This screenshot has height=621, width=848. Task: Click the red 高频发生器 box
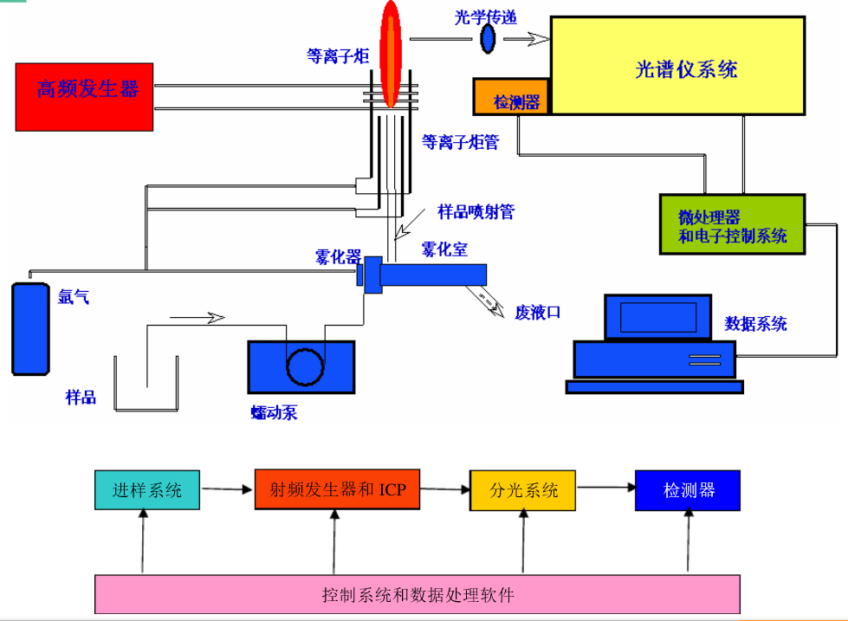(x=85, y=96)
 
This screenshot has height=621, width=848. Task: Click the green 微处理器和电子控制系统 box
(x=731, y=224)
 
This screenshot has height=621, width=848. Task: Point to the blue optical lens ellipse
(x=489, y=37)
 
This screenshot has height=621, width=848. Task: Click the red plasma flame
(x=392, y=52)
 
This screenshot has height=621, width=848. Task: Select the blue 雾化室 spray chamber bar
(x=432, y=274)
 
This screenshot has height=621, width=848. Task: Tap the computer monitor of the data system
(x=657, y=317)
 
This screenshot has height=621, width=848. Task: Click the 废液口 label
(x=539, y=312)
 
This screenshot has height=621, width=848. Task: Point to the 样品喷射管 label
(x=476, y=211)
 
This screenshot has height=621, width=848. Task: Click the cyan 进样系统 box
(x=147, y=490)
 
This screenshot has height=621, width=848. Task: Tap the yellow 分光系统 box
(x=522, y=490)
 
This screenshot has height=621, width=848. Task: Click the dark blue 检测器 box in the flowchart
(x=688, y=490)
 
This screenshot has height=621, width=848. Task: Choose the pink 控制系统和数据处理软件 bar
(x=417, y=595)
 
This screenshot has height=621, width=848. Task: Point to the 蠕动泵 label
(x=273, y=413)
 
